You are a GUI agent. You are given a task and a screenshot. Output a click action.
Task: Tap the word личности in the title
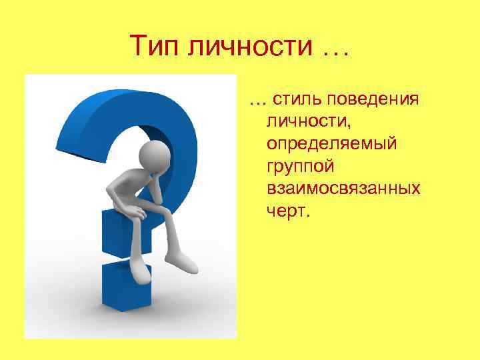click(x=245, y=46)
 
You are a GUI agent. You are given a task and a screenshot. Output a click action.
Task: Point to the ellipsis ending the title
click(x=331, y=48)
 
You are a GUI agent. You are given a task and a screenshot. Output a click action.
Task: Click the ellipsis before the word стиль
click(x=257, y=101)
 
